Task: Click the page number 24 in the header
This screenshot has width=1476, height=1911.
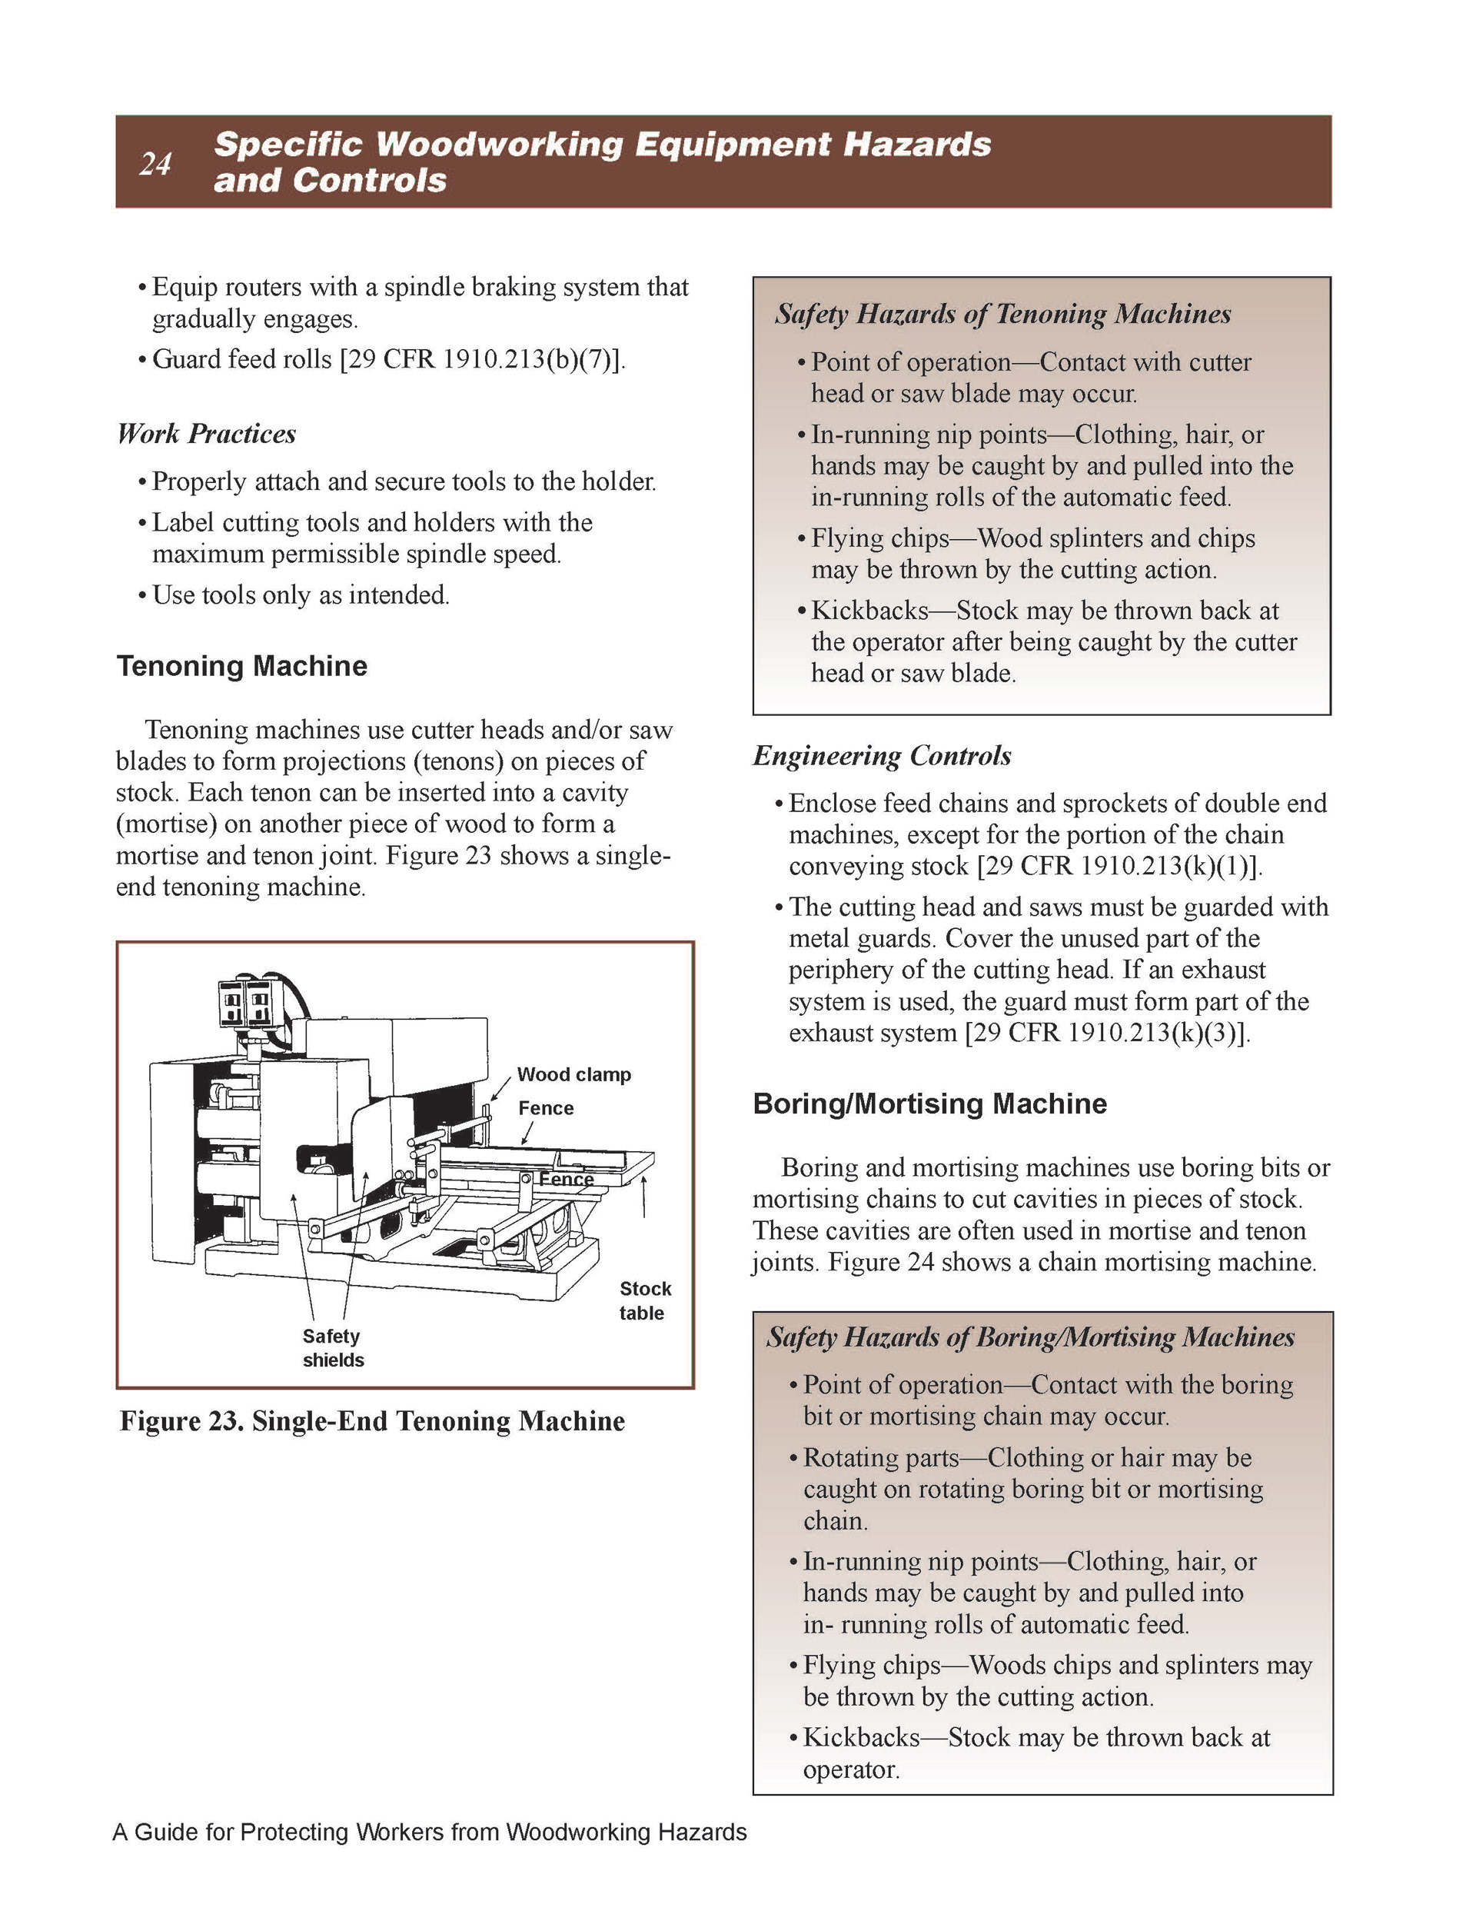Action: click(155, 164)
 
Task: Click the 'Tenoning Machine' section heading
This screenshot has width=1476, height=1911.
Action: click(241, 666)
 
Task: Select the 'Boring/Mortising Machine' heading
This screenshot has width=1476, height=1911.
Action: click(929, 1104)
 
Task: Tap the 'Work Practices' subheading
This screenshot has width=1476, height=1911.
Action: click(207, 434)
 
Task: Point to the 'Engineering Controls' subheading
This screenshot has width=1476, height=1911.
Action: click(882, 755)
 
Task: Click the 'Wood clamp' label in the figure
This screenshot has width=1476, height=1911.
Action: click(574, 1074)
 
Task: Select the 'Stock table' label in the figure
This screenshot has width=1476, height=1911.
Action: click(645, 1300)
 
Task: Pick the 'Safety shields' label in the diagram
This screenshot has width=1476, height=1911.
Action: click(332, 1347)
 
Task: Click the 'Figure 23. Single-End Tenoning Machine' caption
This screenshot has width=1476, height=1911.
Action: click(372, 1420)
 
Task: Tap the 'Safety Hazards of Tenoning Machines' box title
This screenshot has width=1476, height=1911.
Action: click(1002, 314)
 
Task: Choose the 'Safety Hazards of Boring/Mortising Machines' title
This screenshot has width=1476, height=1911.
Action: click(1031, 1337)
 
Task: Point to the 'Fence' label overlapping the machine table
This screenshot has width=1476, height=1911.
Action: click(566, 1180)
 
